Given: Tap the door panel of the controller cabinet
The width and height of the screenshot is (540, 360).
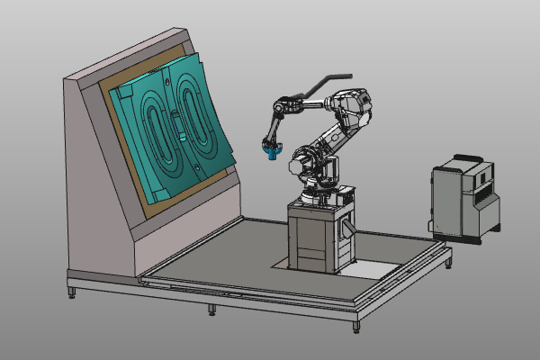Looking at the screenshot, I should (449, 203).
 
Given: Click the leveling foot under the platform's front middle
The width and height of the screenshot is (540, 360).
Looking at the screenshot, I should (211, 310).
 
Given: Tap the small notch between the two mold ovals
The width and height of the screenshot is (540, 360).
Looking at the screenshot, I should (180, 139).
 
